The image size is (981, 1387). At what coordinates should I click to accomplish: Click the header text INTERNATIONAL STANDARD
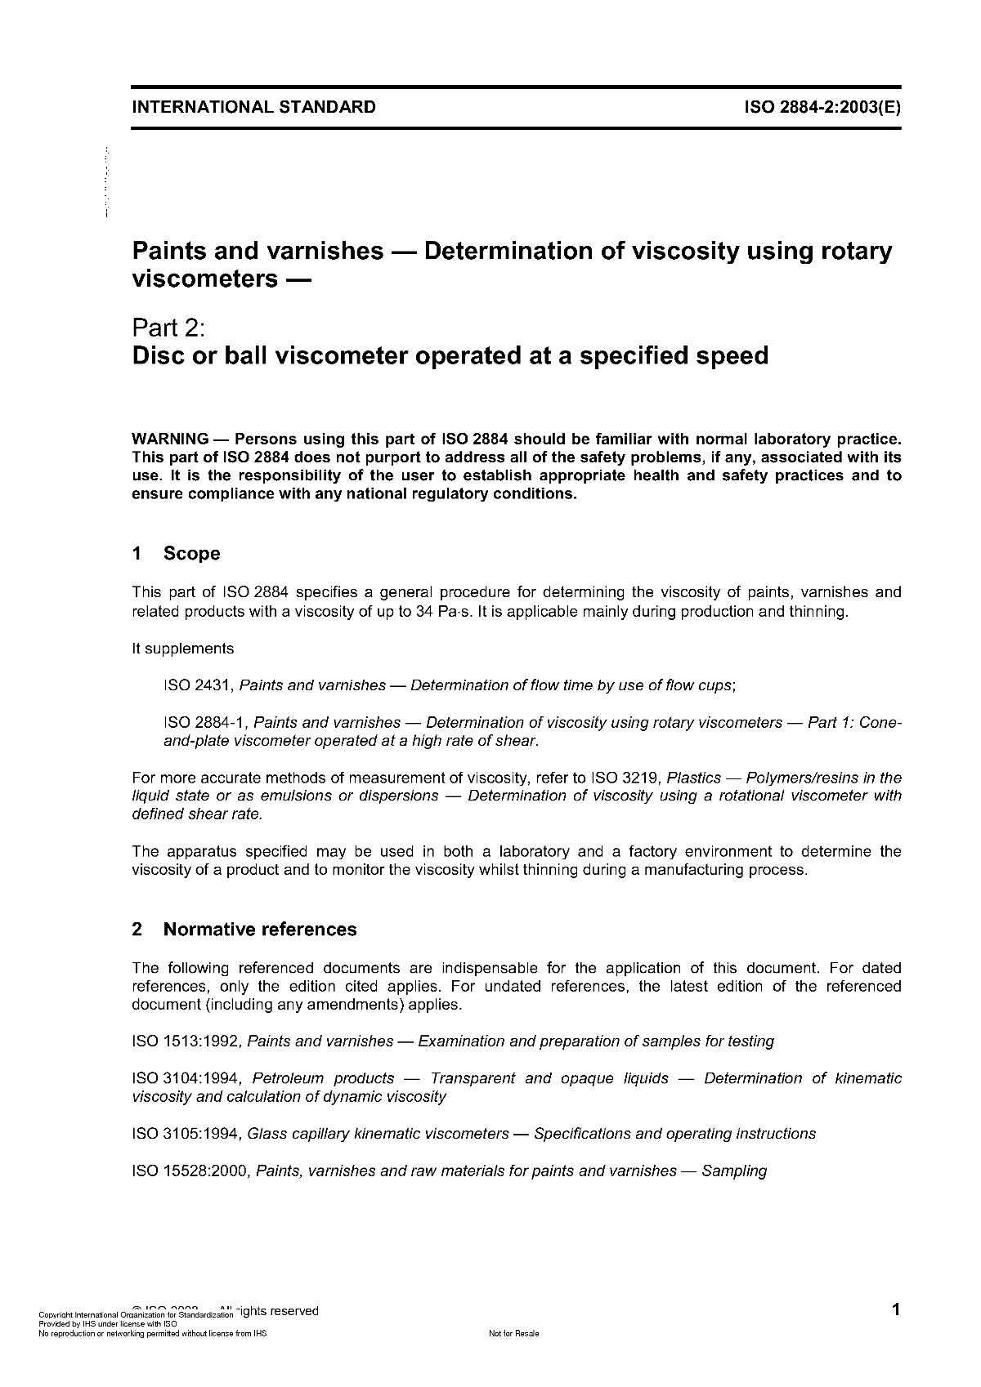click(253, 107)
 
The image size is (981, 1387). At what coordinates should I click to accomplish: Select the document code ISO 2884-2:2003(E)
click(822, 107)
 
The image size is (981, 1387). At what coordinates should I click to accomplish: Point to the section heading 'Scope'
click(192, 554)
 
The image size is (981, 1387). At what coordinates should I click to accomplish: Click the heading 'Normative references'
click(260, 930)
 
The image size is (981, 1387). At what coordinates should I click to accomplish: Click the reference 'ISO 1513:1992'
click(186, 1041)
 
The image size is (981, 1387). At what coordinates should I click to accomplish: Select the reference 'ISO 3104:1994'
click(186, 1078)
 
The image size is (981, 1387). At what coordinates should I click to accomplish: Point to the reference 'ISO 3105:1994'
click(186, 1134)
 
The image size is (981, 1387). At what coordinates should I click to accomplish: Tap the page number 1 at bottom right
click(896, 1310)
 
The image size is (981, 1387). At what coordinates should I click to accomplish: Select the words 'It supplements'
click(183, 649)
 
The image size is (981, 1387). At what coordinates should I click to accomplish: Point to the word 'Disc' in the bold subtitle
click(159, 356)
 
